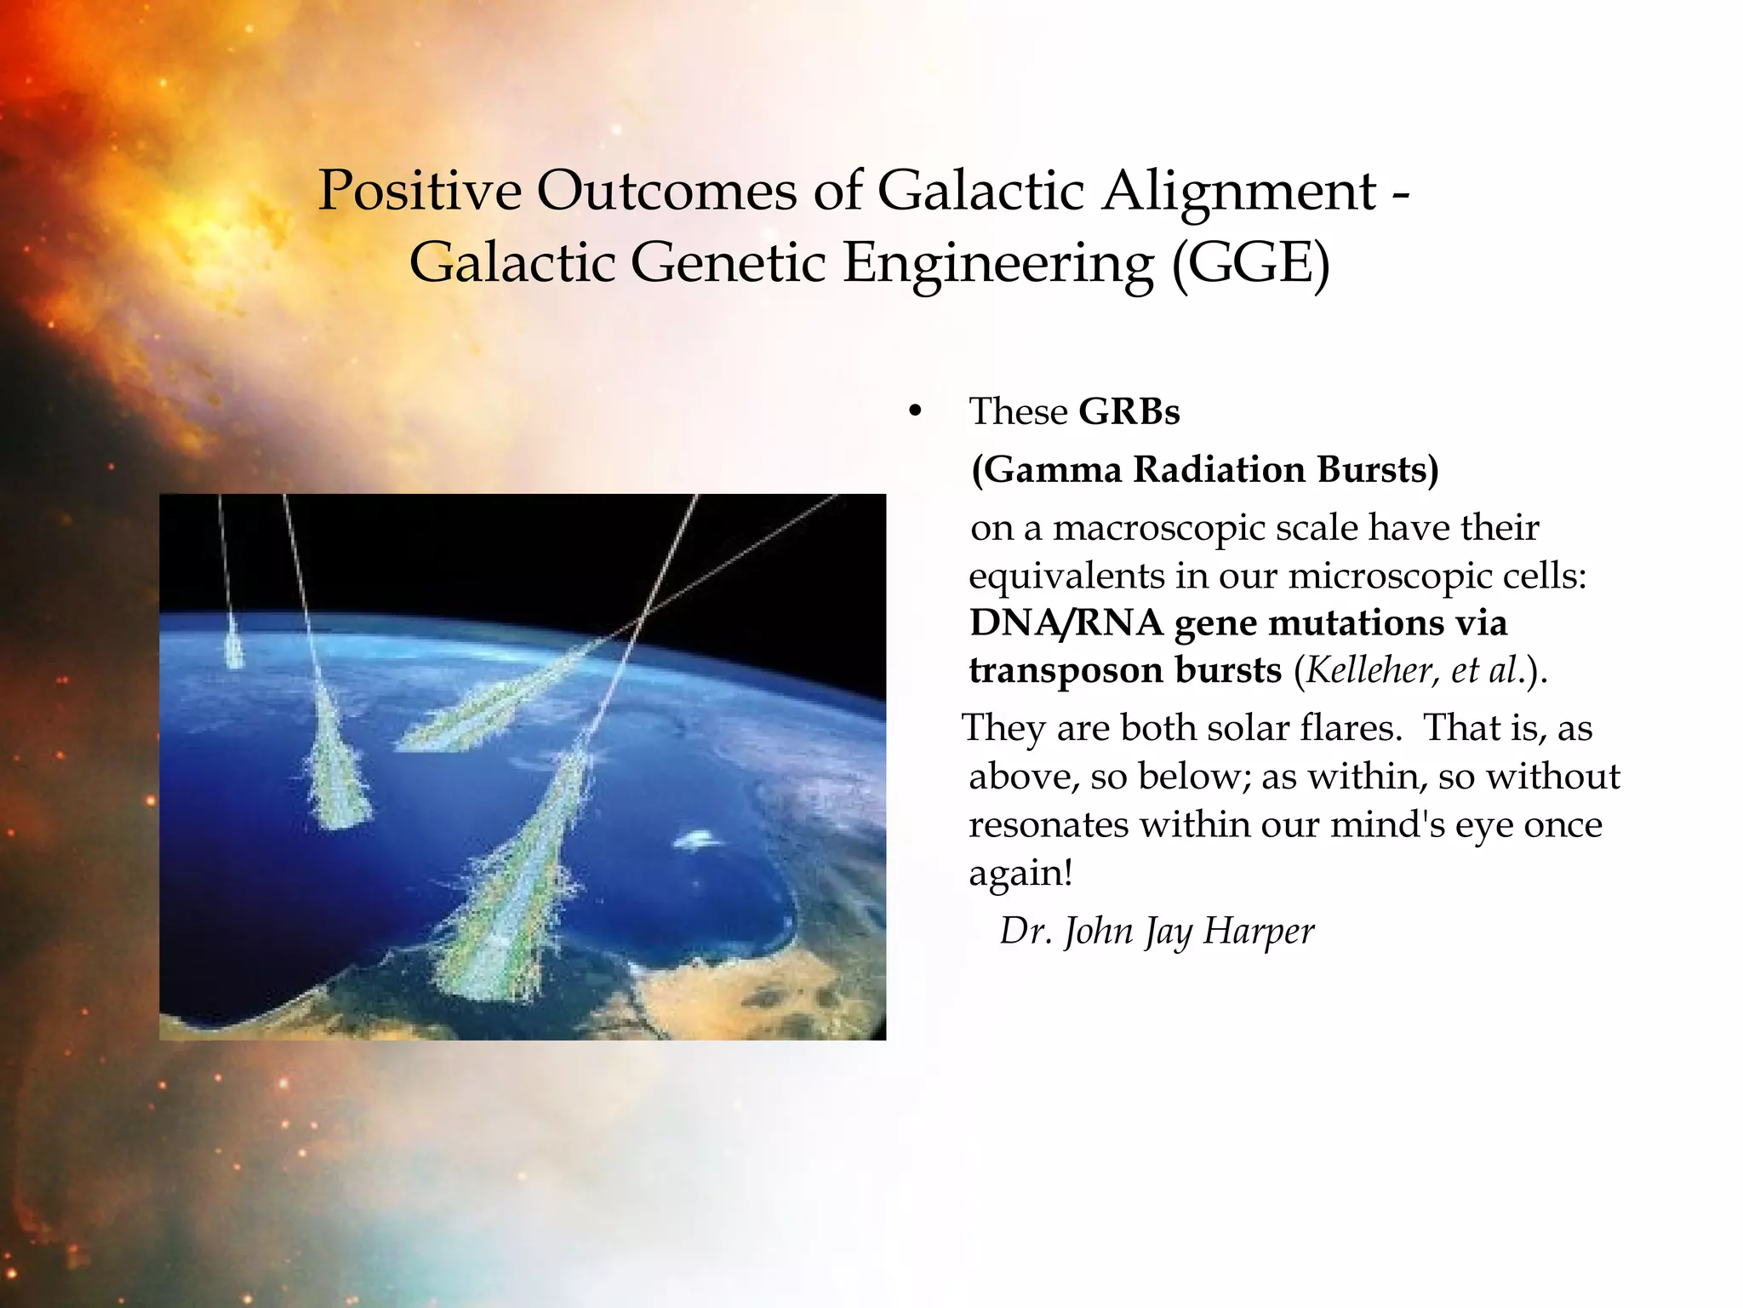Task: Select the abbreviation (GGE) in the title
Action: point(1250,263)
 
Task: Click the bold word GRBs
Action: point(1129,412)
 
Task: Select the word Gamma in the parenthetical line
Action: point(1054,470)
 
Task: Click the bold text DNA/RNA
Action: point(1066,623)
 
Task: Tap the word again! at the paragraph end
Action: point(1020,874)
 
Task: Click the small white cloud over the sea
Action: point(698,841)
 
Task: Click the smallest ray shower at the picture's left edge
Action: point(231,647)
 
